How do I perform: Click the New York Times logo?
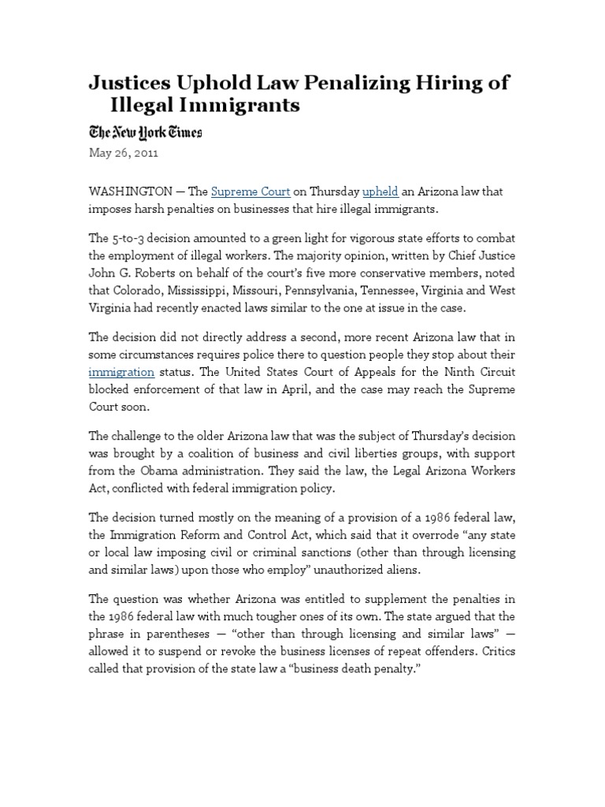pos(145,132)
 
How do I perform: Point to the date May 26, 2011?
pos(124,154)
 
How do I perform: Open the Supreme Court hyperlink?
pos(251,192)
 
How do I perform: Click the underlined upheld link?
pos(381,192)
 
